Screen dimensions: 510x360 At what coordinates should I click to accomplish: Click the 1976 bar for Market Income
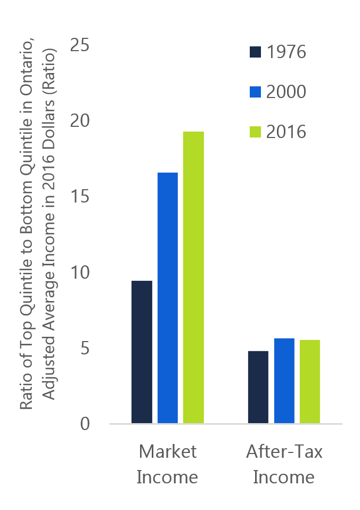tap(142, 352)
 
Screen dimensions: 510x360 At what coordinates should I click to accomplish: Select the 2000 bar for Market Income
tap(168, 298)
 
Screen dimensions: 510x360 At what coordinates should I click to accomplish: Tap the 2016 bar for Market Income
tap(193, 278)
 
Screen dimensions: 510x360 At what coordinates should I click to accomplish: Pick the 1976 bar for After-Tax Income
tap(258, 387)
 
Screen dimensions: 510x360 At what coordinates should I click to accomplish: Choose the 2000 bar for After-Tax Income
tap(284, 381)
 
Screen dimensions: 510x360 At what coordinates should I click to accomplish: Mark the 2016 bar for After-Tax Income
tap(309, 382)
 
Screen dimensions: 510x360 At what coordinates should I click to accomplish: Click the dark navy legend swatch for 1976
tap(255, 52)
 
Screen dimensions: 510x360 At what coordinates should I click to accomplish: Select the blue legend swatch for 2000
tap(255, 92)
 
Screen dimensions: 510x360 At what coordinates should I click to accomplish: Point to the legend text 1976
tap(286, 52)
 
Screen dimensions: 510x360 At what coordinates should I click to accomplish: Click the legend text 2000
tap(286, 92)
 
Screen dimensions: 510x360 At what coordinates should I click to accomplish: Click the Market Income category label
tap(167, 464)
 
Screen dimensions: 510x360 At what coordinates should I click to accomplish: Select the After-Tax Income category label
tap(284, 464)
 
